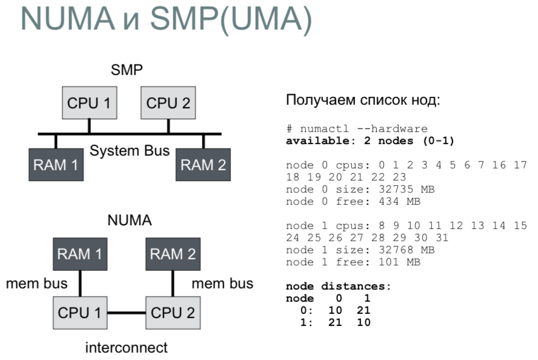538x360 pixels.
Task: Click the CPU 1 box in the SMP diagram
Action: click(x=89, y=102)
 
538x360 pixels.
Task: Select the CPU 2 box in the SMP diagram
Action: click(x=168, y=102)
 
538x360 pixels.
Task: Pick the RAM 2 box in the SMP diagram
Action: click(x=203, y=165)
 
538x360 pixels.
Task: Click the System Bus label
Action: click(x=129, y=151)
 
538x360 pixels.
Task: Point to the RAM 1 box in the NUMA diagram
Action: click(x=82, y=255)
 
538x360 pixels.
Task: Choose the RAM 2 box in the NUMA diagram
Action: click(x=173, y=255)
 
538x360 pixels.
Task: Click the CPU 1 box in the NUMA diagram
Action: click(x=82, y=313)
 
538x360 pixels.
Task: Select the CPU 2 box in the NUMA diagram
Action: click(x=174, y=313)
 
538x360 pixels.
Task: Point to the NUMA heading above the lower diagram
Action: click(x=129, y=221)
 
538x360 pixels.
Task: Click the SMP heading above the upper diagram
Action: click(x=127, y=70)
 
